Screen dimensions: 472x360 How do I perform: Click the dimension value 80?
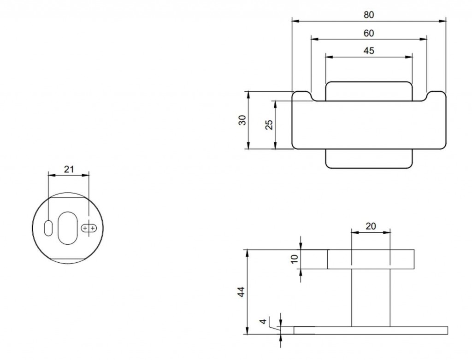click(369, 15)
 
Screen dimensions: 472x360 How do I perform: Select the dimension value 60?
click(369, 33)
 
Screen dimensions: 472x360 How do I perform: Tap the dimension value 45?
click(369, 51)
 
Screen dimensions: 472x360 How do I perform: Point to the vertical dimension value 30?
click(242, 120)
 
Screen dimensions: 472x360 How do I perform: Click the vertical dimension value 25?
click(269, 124)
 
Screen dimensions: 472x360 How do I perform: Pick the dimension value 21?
click(69, 169)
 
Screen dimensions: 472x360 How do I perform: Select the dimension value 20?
click(371, 226)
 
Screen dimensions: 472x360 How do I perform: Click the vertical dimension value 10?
click(295, 259)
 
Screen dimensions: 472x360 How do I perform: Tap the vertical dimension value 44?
click(242, 292)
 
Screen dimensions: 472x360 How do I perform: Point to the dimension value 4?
click(263, 321)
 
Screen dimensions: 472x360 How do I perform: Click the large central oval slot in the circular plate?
click(67, 228)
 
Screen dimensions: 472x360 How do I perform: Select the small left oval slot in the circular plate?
click(48, 228)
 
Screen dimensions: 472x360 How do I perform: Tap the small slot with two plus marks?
click(89, 229)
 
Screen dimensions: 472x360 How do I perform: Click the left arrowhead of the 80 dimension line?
click(295, 21)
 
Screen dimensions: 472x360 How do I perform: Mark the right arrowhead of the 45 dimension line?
click(409, 57)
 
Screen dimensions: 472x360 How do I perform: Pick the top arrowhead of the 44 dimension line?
click(248, 253)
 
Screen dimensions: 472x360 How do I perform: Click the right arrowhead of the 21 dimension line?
click(86, 175)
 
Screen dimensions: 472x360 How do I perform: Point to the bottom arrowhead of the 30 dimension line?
click(248, 145)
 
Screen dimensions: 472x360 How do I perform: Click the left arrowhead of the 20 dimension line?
click(355, 232)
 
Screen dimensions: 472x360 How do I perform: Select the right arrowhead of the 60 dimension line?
click(424, 39)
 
